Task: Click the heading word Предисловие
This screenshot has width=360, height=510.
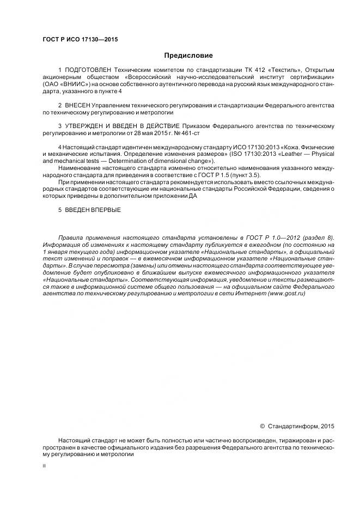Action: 188,56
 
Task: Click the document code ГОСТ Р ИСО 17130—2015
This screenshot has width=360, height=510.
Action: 80,39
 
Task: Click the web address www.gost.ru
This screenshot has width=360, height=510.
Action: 286,293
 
